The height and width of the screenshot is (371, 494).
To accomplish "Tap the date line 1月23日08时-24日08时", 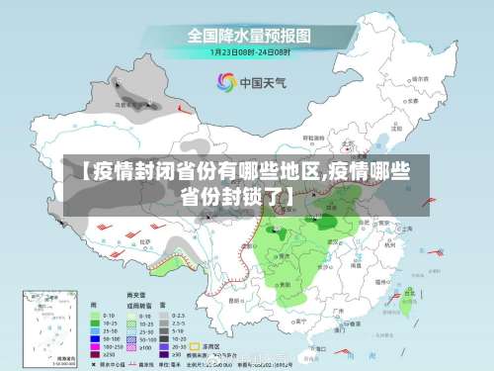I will coord(248,50).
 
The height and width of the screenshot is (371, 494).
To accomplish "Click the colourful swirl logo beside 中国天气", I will coord(225,82).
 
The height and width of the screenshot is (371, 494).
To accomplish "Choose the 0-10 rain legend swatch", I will coord(98,315).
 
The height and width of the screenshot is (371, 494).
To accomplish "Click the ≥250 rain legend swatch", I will coord(98,353).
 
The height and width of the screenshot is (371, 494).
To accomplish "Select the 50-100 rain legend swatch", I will coord(98,337).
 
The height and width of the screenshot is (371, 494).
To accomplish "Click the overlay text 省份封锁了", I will coord(237,195).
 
